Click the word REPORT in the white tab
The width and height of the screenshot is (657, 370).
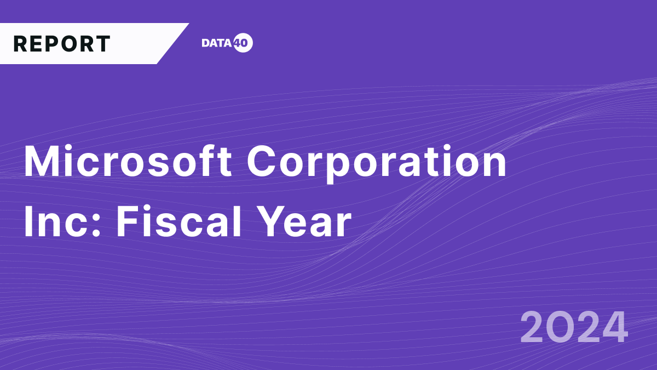coord(62,44)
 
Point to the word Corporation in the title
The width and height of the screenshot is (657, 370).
coord(377,162)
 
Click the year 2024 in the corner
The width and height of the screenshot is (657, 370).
coord(573,327)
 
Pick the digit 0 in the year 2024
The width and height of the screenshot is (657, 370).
coord(560,327)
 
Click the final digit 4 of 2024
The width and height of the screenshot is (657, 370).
coord(613,327)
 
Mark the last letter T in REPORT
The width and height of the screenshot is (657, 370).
coord(103,44)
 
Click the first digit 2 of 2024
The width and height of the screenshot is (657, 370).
coord(533,327)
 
